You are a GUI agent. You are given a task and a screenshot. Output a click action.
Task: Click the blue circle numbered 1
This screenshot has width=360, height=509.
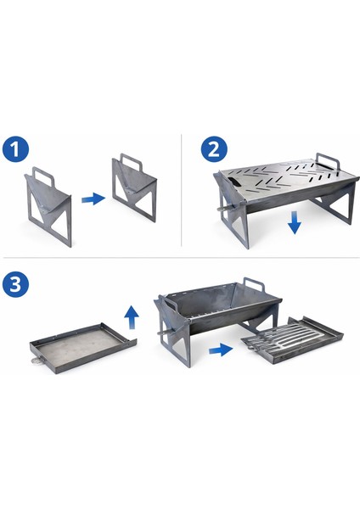[x=15, y=149]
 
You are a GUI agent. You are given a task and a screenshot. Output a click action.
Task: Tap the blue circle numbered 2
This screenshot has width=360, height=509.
[x=214, y=149]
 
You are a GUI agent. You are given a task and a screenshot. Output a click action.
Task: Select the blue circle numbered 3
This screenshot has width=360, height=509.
[x=15, y=284]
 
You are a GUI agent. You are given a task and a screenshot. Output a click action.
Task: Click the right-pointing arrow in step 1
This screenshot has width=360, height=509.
[x=93, y=199]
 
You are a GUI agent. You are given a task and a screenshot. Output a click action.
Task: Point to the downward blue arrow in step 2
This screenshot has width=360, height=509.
[x=295, y=222]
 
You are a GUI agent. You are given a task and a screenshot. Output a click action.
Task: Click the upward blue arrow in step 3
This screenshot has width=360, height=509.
[x=132, y=317]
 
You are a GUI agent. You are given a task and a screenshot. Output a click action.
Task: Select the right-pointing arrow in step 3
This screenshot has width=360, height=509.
[x=221, y=350]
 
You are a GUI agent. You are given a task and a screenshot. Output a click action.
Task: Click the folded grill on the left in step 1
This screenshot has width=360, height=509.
[x=48, y=207]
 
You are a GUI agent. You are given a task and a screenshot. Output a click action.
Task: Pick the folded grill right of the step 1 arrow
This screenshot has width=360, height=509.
[x=134, y=187]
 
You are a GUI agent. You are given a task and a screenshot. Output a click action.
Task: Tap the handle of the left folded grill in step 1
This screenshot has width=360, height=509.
[x=43, y=176]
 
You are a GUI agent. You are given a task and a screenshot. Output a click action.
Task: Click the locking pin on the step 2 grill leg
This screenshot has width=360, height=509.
[x=225, y=208]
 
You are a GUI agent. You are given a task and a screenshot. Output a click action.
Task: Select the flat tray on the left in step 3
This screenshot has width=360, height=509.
[x=82, y=348]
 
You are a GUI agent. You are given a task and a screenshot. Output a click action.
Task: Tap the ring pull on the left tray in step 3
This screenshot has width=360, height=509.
[x=37, y=361]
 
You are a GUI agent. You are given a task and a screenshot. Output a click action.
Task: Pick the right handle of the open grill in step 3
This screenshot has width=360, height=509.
[x=254, y=285]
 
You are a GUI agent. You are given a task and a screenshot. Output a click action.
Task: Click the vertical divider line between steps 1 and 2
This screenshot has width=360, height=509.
[x=182, y=190]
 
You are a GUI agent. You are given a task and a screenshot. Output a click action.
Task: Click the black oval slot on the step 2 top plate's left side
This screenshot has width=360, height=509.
[x=233, y=182]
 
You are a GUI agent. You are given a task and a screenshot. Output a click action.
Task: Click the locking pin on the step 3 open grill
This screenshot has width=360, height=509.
[x=166, y=333]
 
